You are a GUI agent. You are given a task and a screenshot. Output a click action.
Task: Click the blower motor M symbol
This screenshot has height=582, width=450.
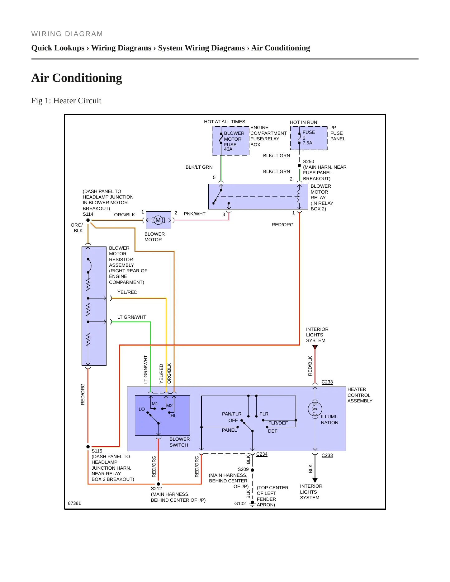158,220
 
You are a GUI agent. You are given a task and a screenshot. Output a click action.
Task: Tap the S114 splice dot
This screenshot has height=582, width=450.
88,220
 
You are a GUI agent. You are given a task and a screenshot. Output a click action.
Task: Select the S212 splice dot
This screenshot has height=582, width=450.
159,484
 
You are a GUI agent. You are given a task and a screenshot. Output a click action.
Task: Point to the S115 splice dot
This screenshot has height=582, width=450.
88,447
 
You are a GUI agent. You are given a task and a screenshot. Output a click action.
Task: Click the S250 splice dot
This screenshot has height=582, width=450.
299,166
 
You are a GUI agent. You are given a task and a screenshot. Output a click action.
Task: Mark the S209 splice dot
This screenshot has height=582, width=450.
252,470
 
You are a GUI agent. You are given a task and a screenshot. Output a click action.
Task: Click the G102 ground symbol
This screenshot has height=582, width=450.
253,503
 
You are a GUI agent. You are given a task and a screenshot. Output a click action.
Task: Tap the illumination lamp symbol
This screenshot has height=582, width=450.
315,409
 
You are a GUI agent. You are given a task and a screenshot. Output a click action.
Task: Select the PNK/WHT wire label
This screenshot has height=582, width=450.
195,214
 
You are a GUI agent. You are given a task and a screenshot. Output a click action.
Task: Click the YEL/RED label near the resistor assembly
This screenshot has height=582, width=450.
127,292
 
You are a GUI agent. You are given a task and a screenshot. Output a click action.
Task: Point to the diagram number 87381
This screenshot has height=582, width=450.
74,503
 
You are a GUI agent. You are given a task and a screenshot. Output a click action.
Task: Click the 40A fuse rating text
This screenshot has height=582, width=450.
228,149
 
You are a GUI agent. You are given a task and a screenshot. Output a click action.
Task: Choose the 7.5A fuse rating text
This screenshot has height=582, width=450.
307,143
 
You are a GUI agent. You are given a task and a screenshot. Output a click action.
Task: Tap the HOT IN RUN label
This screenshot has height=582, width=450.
304,122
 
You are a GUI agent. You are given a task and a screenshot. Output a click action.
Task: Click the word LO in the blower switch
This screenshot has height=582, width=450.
142,409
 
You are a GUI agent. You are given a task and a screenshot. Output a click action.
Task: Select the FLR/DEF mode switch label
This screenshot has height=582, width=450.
278,423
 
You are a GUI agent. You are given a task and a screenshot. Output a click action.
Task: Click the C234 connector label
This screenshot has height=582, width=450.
262,454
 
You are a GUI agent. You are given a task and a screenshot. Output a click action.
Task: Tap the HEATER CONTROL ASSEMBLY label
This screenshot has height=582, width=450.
360,395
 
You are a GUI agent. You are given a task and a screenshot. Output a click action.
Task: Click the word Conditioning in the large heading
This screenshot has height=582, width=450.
87,78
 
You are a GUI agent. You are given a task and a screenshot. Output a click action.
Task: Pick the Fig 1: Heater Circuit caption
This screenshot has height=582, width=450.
66,101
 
